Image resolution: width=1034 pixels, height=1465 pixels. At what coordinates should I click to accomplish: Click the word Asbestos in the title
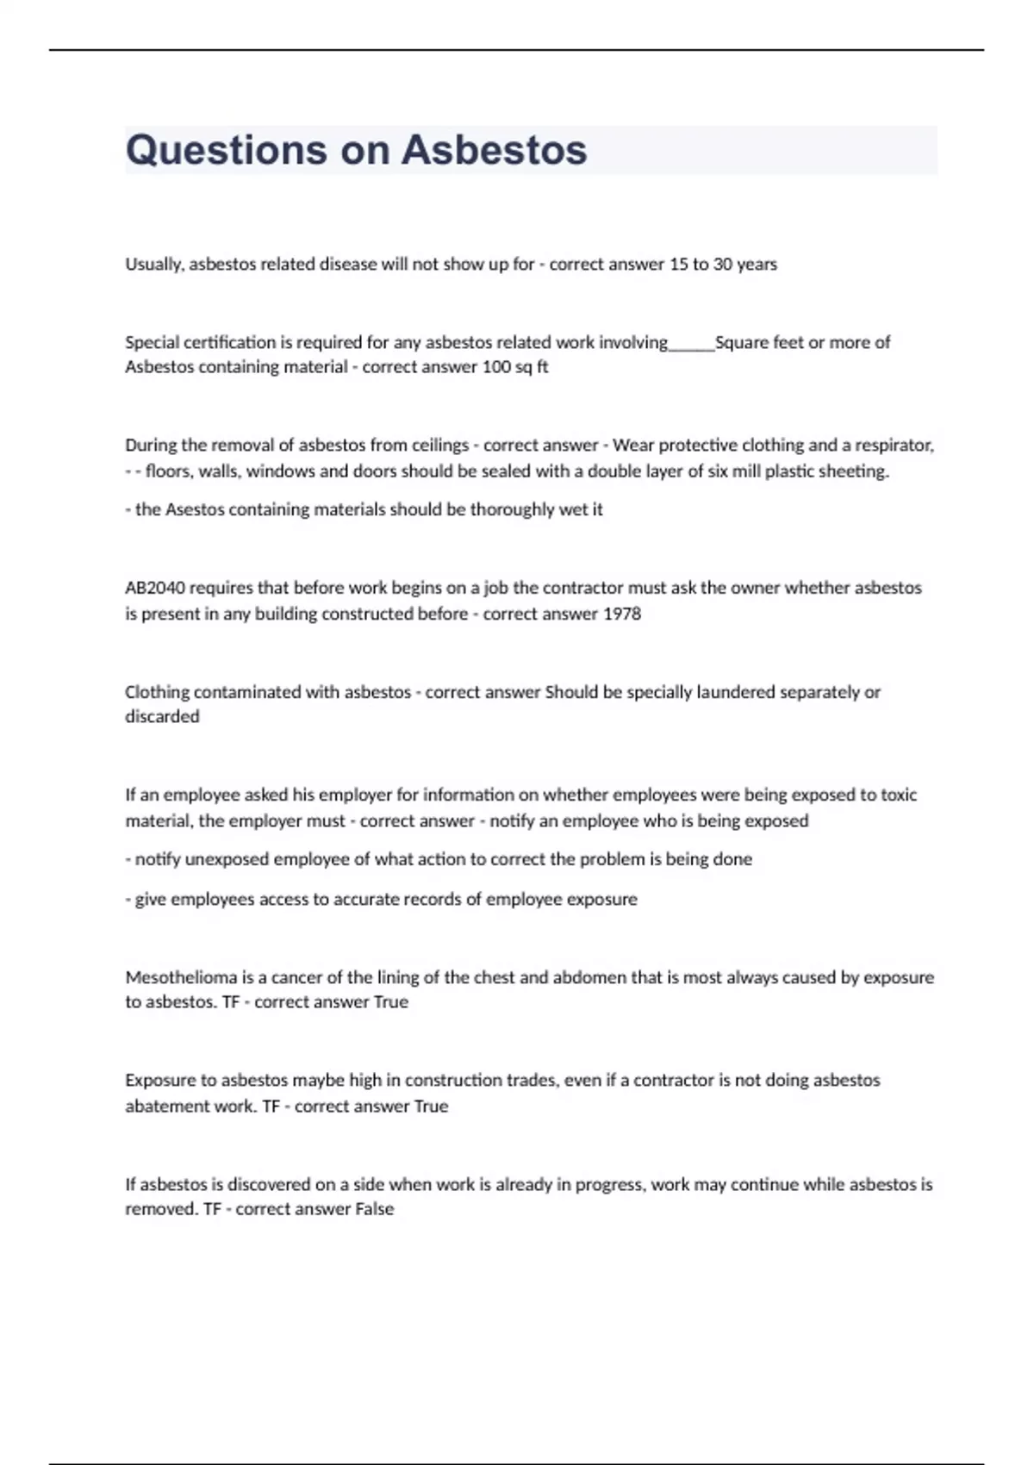[495, 151]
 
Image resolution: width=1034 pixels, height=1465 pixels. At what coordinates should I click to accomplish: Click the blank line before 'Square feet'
[691, 343]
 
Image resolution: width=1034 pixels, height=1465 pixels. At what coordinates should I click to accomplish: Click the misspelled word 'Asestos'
[194, 509]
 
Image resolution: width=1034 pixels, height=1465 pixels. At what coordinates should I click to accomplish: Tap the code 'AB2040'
[155, 588]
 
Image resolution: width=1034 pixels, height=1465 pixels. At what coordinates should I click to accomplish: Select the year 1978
[621, 614]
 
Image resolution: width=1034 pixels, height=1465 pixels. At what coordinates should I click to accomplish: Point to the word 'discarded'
[162, 717]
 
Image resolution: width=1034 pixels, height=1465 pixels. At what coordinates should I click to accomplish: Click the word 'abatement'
[166, 1107]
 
